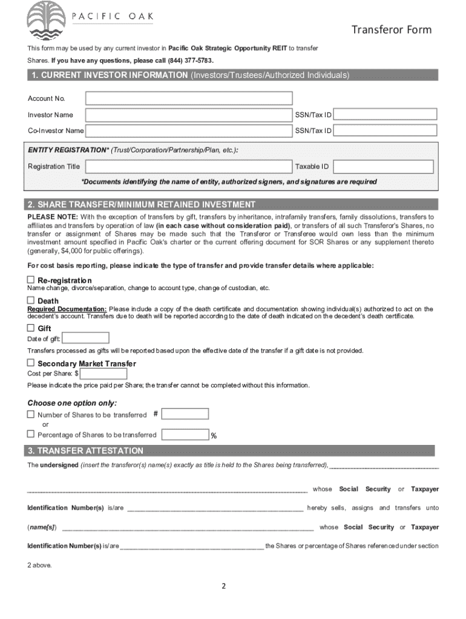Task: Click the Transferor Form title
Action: [392, 30]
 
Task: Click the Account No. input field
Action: [189, 99]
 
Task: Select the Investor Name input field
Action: [189, 115]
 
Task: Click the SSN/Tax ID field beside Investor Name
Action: [383, 115]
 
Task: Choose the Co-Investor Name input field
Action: [189, 131]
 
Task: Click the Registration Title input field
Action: [189, 166]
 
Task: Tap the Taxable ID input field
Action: [383, 166]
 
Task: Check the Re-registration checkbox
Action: [31, 280]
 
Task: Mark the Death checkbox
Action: [31, 300]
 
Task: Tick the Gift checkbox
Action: [31, 328]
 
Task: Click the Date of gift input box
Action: [86, 338]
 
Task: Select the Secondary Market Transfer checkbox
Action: [31, 363]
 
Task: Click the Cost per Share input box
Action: [103, 374]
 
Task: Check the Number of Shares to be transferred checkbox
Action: [31, 415]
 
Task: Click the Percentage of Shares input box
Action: [185, 434]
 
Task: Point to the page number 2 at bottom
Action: [223, 586]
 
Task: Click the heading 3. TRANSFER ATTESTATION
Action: [85, 451]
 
